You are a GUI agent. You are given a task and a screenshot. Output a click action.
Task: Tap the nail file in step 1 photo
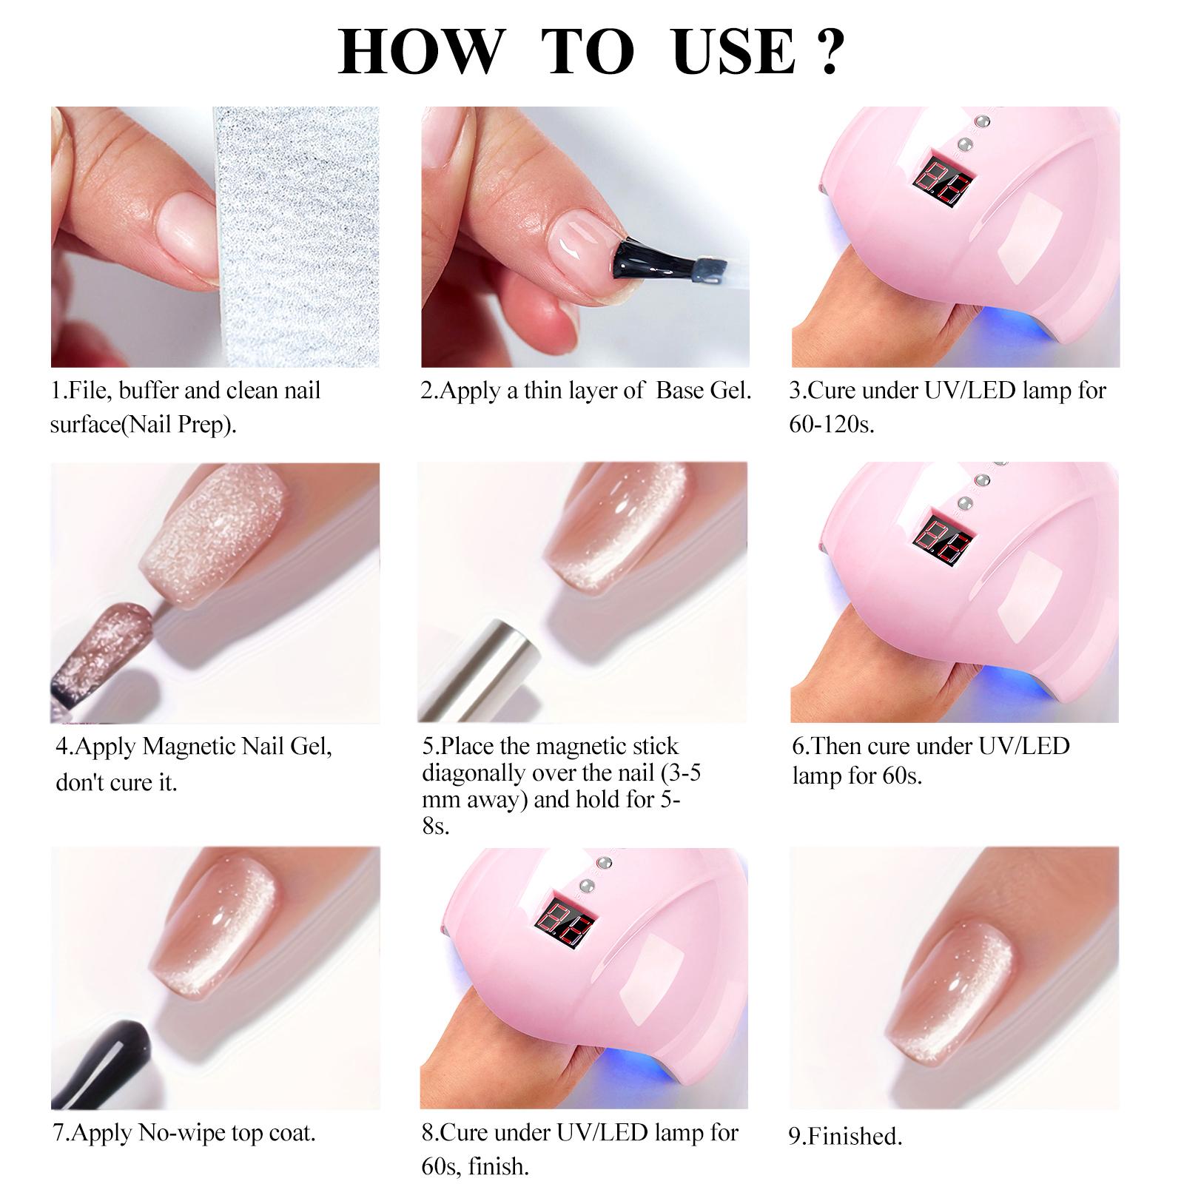point(296,237)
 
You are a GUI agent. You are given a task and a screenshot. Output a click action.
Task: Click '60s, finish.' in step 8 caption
point(474,1167)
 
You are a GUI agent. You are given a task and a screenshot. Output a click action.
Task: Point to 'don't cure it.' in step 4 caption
point(117,782)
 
